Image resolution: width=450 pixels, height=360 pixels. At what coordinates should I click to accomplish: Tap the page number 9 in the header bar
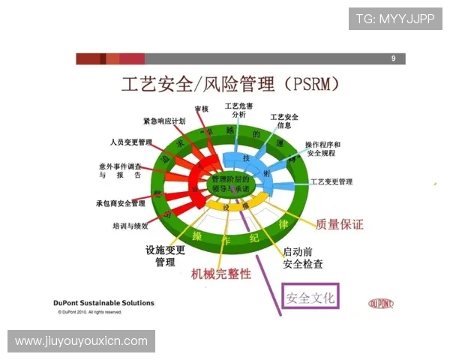coord(393,58)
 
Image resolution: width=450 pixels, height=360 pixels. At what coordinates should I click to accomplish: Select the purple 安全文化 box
coord(310,298)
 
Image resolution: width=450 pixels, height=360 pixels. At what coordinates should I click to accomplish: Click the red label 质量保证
coord(339,223)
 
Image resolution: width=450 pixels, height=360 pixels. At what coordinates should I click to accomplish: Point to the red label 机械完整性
coord(221,274)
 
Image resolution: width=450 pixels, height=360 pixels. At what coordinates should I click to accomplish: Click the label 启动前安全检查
coord(303,257)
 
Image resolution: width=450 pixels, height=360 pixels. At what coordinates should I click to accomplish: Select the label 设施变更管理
coord(164,256)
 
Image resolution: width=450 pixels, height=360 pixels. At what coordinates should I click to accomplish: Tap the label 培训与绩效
coord(130,225)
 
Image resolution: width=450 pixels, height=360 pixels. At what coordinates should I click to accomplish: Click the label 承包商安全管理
coord(121,203)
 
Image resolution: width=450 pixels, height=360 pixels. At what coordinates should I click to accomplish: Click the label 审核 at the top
coord(201,109)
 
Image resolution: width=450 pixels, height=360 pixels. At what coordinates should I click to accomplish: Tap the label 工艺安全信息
coord(284,121)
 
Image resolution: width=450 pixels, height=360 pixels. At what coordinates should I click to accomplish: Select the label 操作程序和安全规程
coord(322,148)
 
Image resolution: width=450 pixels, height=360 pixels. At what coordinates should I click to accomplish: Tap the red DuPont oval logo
coord(382,304)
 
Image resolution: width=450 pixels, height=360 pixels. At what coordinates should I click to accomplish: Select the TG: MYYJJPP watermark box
coord(395,18)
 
